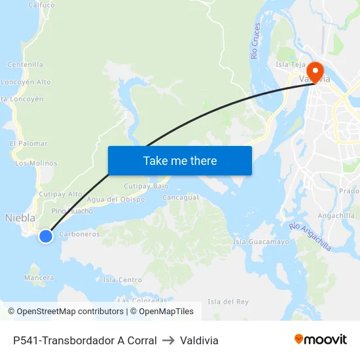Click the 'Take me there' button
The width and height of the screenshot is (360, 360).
pyautogui.click(x=180, y=160)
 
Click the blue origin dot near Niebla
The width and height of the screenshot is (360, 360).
pyautogui.click(x=46, y=236)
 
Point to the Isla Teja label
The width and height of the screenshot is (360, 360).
pyautogui.click(x=291, y=65)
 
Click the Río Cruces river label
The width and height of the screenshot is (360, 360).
pyautogui.click(x=256, y=41)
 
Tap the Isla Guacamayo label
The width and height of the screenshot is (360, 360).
pyautogui.click(x=261, y=242)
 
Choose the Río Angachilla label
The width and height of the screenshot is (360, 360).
pyautogui.click(x=310, y=236)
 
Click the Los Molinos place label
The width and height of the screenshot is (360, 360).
pyautogui.click(x=36, y=163)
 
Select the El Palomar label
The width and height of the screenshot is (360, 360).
pyautogui.click(x=29, y=143)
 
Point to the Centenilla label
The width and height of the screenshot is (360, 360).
pyautogui.click(x=26, y=65)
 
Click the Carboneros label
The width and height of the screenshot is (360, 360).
pyautogui.click(x=79, y=234)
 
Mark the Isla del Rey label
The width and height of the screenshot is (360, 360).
pyautogui.click(x=228, y=301)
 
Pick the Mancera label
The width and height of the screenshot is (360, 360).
pyautogui.click(x=39, y=278)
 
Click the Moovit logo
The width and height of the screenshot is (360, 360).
pyautogui.click(x=320, y=340)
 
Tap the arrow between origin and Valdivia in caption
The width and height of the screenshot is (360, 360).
pyautogui.click(x=168, y=340)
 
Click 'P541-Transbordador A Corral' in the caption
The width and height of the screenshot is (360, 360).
pyautogui.click(x=84, y=340)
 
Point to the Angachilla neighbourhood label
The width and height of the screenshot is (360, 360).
pyautogui.click(x=336, y=215)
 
